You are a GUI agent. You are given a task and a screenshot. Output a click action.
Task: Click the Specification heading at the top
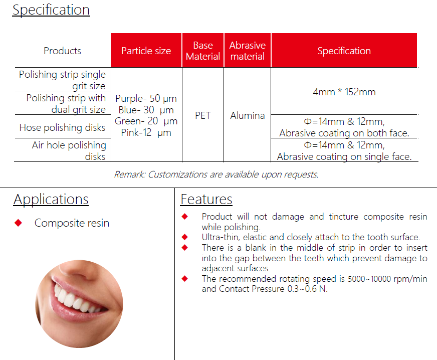pyautogui.click(x=51, y=10)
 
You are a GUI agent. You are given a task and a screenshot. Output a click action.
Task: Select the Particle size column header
pyautogui.click(x=146, y=51)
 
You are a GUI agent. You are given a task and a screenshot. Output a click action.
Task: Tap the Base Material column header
pyautogui.click(x=203, y=51)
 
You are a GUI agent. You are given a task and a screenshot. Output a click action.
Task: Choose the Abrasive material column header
pyautogui.click(x=248, y=51)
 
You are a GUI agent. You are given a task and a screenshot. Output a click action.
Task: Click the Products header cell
pyautogui.click(x=63, y=51)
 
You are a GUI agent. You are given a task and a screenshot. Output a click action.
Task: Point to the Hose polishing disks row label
pyautogui.click(x=63, y=127)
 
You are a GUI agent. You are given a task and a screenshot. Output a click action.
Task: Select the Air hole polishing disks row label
pyautogui.click(x=69, y=150)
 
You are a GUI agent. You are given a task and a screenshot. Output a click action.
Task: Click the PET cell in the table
pyautogui.click(x=203, y=115)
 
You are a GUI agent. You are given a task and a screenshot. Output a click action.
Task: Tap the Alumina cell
pyautogui.click(x=248, y=115)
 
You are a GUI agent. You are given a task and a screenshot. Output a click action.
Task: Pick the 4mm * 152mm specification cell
pyautogui.click(x=344, y=92)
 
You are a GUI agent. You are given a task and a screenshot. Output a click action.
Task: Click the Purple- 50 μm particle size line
pyautogui.click(x=146, y=98)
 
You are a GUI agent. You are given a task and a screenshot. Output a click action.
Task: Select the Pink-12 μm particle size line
pyautogui.click(x=146, y=132)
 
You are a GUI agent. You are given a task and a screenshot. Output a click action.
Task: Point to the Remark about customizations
pyautogui.click(x=216, y=174)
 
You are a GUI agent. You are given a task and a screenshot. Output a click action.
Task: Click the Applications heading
pyautogui.click(x=51, y=200)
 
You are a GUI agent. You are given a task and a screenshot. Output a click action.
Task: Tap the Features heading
pyautogui.click(x=206, y=200)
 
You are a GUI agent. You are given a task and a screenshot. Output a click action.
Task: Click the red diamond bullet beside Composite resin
pyautogui.click(x=19, y=223)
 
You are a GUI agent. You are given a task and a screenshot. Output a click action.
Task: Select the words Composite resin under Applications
pyautogui.click(x=72, y=223)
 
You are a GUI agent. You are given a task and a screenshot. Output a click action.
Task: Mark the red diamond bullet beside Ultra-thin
pyautogui.click(x=184, y=237)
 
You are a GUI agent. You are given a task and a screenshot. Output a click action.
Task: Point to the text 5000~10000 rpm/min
pyautogui.click(x=387, y=279)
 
